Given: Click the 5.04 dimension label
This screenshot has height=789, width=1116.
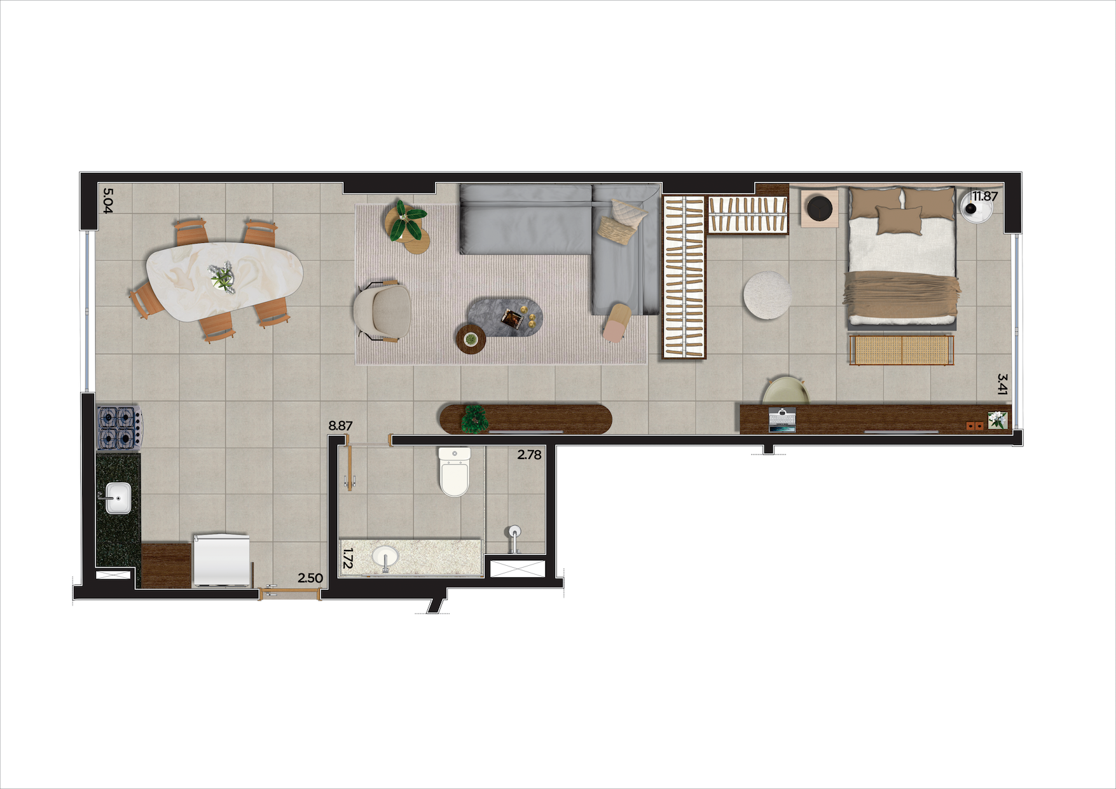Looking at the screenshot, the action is pyautogui.click(x=107, y=200).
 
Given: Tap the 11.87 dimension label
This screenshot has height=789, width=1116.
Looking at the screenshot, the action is pyautogui.click(x=985, y=196).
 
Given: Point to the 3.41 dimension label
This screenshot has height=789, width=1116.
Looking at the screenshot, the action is pyautogui.click(x=1002, y=384).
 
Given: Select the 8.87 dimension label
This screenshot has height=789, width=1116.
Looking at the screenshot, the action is pyautogui.click(x=340, y=425).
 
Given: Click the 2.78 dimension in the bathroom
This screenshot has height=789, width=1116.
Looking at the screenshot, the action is pyautogui.click(x=529, y=455).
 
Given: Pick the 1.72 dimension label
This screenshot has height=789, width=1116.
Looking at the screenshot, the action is pyautogui.click(x=347, y=558).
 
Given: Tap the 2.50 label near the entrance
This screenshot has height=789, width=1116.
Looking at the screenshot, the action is pyautogui.click(x=310, y=578).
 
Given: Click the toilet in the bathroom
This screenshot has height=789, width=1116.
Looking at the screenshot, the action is pyautogui.click(x=454, y=471).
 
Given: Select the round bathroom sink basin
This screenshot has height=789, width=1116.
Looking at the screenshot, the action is pyautogui.click(x=385, y=557).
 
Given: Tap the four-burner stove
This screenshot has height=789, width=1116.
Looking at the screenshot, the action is pyautogui.click(x=119, y=427).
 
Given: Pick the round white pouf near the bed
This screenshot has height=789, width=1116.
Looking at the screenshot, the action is pyautogui.click(x=768, y=294).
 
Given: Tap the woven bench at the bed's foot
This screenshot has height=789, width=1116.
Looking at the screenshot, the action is pyautogui.click(x=901, y=350).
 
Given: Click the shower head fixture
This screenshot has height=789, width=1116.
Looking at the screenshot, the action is pyautogui.click(x=513, y=536).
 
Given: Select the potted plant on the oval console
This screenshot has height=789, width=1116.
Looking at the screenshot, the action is pyautogui.click(x=474, y=419).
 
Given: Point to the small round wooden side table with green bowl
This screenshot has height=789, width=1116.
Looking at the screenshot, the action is pyautogui.click(x=471, y=339).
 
